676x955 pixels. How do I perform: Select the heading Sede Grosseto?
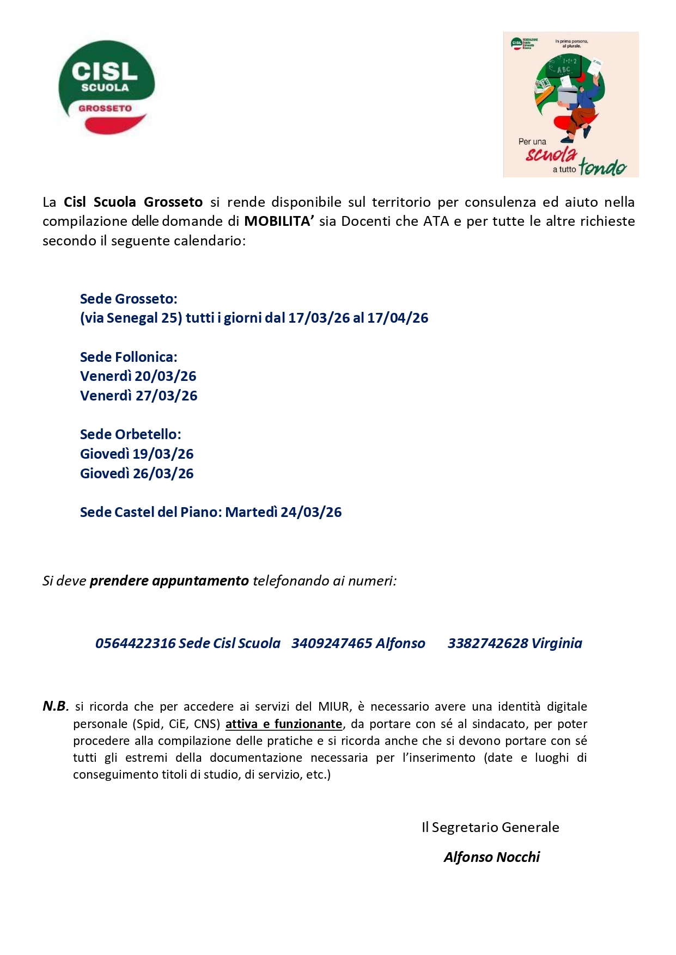pyautogui.click(x=129, y=299)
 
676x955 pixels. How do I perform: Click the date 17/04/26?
pyautogui.click(x=398, y=318)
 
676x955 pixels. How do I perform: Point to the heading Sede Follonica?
pyautogui.click(x=129, y=357)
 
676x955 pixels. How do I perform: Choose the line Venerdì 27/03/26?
pyautogui.click(x=138, y=396)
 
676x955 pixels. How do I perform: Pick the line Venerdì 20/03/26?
pyautogui.click(x=138, y=376)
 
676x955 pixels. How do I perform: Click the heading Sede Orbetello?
pyautogui.click(x=130, y=434)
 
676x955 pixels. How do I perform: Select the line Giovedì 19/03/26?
pyautogui.click(x=137, y=454)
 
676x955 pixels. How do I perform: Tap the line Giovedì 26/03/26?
pyautogui.click(x=137, y=473)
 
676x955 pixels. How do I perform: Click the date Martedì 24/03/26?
pyautogui.click(x=283, y=512)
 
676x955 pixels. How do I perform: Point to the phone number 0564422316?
pyautogui.click(x=135, y=643)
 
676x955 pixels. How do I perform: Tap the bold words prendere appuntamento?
pyautogui.click(x=169, y=581)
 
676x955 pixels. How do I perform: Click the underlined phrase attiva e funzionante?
pyautogui.click(x=284, y=724)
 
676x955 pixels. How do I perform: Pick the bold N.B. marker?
pyautogui.click(x=56, y=706)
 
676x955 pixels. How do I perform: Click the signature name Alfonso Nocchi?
pyautogui.click(x=491, y=857)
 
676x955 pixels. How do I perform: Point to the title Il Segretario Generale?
pyautogui.click(x=490, y=827)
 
